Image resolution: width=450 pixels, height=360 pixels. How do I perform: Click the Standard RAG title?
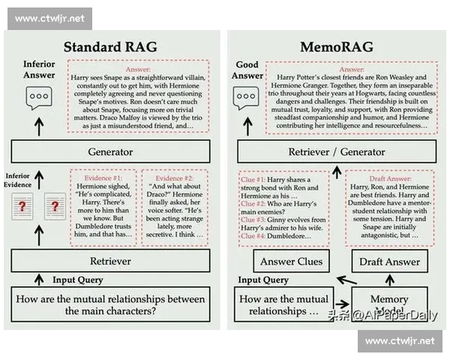click(x=110, y=46)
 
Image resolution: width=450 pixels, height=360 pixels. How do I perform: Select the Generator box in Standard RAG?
click(x=110, y=151)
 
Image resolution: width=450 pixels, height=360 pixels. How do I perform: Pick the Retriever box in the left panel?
click(x=110, y=262)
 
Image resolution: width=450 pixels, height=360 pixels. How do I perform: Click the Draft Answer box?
click(x=389, y=262)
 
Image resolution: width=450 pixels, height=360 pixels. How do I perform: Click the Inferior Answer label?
click(x=39, y=69)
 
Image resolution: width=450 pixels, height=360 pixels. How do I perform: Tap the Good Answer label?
click(x=247, y=70)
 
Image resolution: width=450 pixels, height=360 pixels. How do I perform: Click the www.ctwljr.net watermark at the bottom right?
click(x=399, y=340)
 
